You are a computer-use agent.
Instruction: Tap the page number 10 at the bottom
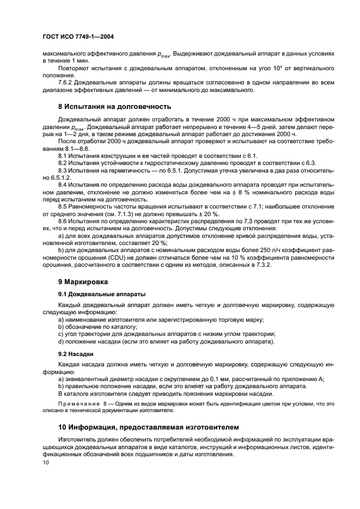tap(46, 462)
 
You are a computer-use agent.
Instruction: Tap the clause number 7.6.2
tap(66, 82)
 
